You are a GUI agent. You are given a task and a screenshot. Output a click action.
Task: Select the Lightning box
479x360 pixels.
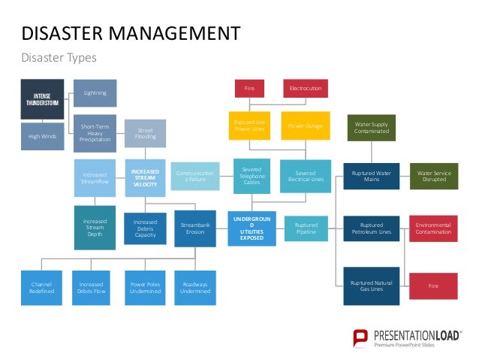tap(95, 93)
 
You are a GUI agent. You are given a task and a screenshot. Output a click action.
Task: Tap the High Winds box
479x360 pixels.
tap(42, 136)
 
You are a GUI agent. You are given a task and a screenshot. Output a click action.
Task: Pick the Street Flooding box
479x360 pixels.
tap(145, 132)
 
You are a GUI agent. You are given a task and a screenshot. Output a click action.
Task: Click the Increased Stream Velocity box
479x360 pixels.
tap(145, 177)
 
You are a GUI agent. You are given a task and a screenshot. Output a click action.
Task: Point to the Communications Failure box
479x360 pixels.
tap(195, 176)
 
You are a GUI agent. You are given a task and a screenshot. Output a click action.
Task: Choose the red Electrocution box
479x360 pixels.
tap(306, 89)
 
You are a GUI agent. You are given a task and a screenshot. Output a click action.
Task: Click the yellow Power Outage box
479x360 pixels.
tap(305, 126)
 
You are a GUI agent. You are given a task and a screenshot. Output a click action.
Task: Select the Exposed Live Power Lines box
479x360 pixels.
tap(250, 126)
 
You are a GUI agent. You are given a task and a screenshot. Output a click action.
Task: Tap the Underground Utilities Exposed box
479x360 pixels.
tap(251, 228)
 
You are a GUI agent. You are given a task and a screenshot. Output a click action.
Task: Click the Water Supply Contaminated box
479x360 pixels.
tap(372, 127)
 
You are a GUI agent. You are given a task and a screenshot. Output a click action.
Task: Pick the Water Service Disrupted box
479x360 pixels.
tap(433, 177)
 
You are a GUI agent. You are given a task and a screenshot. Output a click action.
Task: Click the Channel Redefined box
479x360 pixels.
tap(42, 286)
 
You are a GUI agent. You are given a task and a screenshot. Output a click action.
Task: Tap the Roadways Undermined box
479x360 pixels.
tap(195, 286)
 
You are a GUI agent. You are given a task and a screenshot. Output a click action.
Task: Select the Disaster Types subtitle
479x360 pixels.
tap(59, 57)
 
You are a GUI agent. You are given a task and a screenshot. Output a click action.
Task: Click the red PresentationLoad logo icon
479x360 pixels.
tap(361, 337)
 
